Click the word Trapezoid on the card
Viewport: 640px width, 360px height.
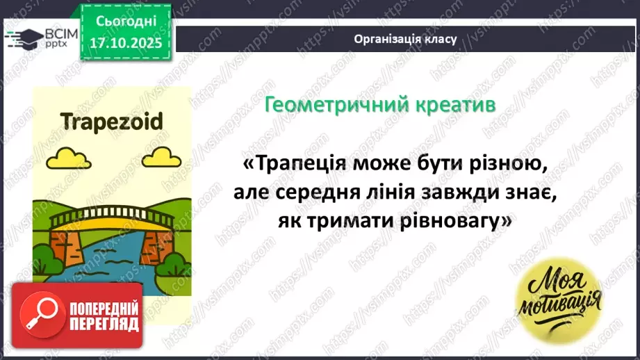[111, 122]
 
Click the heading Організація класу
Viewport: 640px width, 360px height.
[405, 39]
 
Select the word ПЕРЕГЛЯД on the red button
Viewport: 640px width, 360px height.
[105, 323]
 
